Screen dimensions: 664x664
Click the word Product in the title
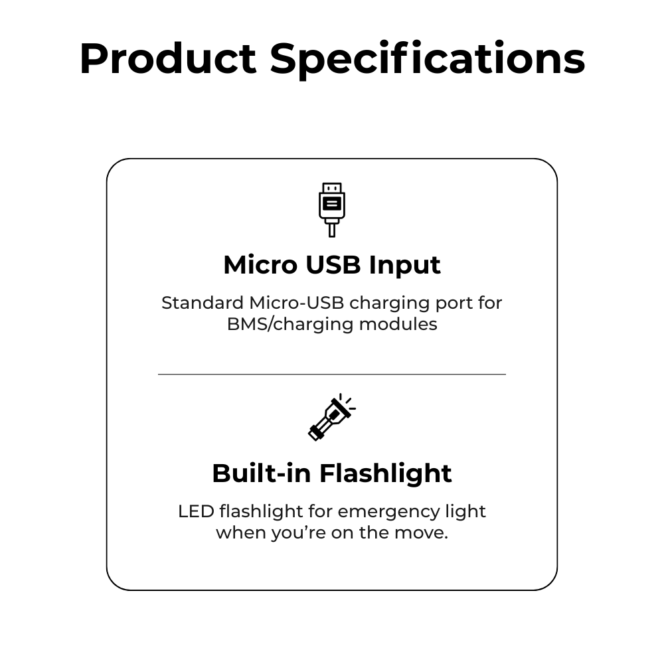(x=168, y=58)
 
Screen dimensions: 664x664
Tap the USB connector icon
(x=332, y=210)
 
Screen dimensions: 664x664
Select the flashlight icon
(x=331, y=417)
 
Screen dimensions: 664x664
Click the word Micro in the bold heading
(x=260, y=265)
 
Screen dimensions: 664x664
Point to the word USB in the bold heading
(x=333, y=265)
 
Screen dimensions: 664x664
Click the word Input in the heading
(x=404, y=266)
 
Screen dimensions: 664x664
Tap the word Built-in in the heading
(x=262, y=473)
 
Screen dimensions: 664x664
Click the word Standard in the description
(x=203, y=303)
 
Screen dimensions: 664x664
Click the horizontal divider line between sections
(x=332, y=374)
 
